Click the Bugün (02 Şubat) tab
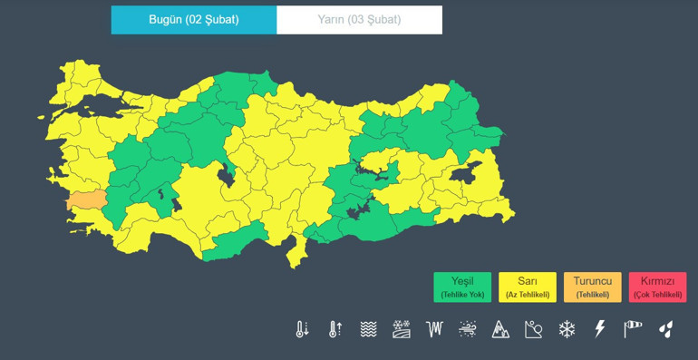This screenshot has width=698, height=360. click(194, 20)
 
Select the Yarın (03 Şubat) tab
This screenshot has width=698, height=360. click(360, 20)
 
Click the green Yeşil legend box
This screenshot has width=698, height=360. click(462, 287)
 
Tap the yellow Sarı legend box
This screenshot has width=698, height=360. click(528, 287)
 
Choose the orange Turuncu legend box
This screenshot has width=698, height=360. click(593, 287)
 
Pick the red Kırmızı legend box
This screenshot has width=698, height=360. click(658, 287)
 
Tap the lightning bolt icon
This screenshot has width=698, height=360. click(599, 329)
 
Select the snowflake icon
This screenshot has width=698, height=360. click(567, 329)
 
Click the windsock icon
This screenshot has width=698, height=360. click(633, 329)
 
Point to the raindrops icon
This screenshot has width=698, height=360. click(666, 329)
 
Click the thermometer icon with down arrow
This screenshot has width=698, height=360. click(303, 329)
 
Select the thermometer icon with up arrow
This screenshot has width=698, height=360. click(335, 329)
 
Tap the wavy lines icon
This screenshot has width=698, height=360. click(368, 329)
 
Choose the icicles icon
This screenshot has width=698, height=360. click(435, 329)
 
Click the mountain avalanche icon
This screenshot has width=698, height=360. click(500, 329)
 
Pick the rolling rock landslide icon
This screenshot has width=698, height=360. click(533, 329)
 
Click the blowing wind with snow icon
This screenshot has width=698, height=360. click(468, 329)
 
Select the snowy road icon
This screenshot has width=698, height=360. click(402, 329)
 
